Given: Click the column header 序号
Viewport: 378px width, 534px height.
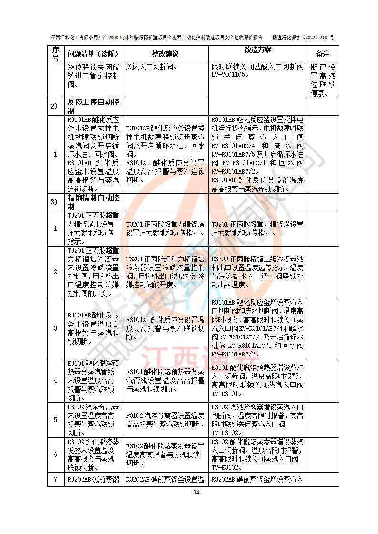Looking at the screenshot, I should pyautogui.click(x=55, y=53).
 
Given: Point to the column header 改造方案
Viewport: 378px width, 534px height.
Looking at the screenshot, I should pyautogui.click(x=257, y=50).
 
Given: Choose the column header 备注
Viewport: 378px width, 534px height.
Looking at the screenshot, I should pyautogui.click(x=323, y=54).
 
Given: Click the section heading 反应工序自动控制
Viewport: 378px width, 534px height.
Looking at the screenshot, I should pyautogui.click(x=93, y=106).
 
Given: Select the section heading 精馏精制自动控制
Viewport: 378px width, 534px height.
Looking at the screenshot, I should pyautogui.click(x=93, y=201).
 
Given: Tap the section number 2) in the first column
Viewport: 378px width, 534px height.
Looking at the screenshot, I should pyautogui.click(x=55, y=106).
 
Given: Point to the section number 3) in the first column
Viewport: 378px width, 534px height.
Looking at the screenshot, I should pyautogui.click(x=55, y=201).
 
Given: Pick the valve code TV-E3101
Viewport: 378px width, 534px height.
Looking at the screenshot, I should pyautogui.click(x=227, y=394).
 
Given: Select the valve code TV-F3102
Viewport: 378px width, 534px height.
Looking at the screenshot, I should pyautogui.click(x=227, y=433).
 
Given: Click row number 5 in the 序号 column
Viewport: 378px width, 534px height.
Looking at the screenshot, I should pyautogui.click(x=55, y=420).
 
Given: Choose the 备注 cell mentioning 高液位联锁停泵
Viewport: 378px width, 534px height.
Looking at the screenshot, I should pyautogui.click(x=323, y=80).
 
